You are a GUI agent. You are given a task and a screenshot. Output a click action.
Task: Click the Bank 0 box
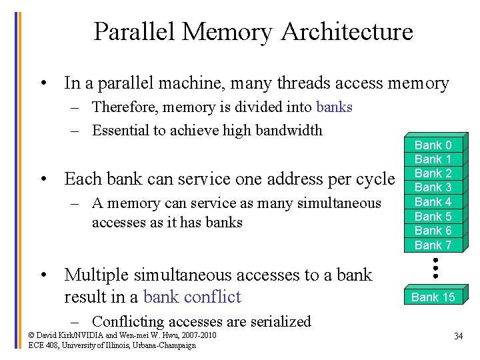point(433,145)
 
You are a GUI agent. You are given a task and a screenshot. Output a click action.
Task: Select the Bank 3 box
point(433,187)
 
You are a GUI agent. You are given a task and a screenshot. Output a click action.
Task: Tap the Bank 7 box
point(433,245)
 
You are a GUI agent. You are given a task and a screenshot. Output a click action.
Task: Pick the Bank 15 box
point(433,297)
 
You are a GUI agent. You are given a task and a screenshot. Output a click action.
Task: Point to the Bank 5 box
point(433,216)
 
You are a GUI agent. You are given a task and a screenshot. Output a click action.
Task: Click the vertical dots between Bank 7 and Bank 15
point(435,267)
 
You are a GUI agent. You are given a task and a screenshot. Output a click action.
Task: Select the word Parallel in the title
point(135,31)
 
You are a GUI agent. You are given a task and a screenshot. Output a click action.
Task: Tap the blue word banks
point(334,107)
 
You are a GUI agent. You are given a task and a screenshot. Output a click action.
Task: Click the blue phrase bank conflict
point(192,297)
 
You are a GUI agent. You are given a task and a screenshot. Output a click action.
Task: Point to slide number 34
point(458,336)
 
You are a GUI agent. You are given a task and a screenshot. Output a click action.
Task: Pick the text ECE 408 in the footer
point(43,345)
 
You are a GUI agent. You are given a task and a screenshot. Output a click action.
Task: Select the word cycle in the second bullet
point(375,179)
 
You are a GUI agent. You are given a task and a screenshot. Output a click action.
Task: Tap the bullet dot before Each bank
point(42,179)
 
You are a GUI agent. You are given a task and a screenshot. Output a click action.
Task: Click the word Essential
point(121,130)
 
